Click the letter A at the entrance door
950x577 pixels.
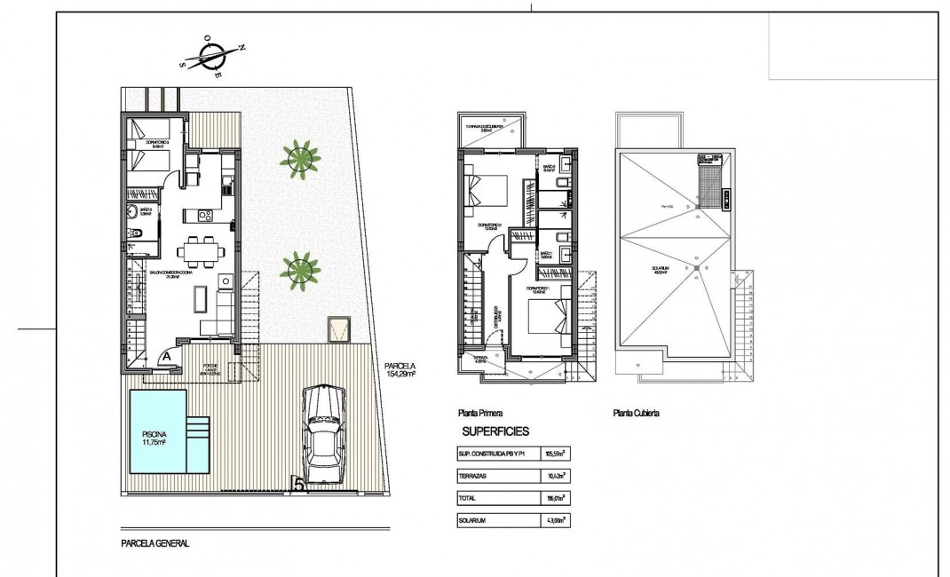tap(166, 357)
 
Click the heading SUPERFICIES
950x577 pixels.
tap(496, 431)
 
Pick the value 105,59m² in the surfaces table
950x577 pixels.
tap(558, 455)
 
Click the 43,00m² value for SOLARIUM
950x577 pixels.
tap(558, 520)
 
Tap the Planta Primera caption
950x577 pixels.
tap(481, 413)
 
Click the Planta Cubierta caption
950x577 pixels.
tap(637, 413)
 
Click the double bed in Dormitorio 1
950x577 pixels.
tap(543, 315)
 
